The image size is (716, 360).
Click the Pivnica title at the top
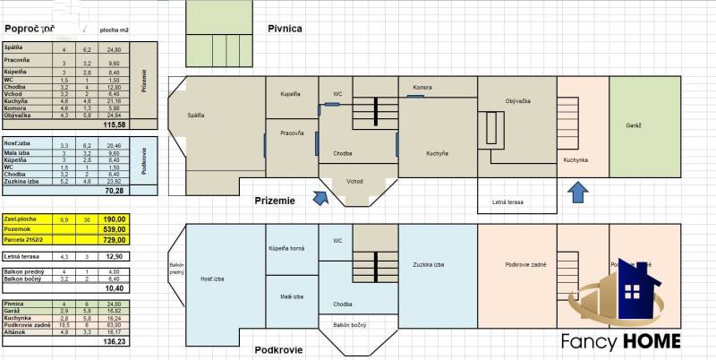pos(285,29)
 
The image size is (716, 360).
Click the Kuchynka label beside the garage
pos(575,160)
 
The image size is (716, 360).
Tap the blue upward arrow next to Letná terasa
pos(579,193)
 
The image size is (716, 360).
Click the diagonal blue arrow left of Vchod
pos(320,196)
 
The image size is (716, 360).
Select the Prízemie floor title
pos(274,201)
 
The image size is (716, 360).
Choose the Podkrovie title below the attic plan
pos(277,350)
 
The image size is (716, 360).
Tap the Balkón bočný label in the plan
pos(350,326)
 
